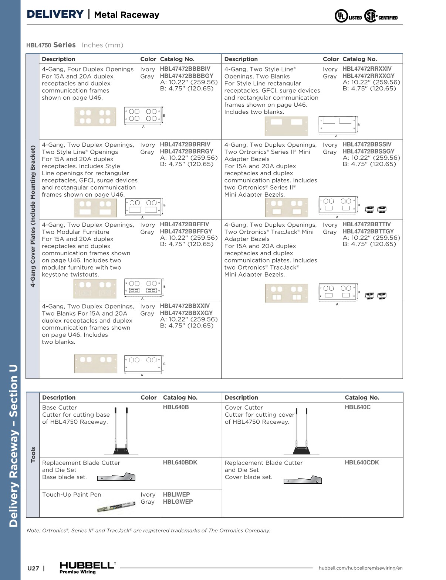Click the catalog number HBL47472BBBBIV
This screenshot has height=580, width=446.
(185, 69)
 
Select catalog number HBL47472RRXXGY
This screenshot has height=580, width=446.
(368, 76)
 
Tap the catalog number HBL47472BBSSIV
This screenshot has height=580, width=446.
(367, 144)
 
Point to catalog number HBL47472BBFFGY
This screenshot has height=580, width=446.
(186, 231)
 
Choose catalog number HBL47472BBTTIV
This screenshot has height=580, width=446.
(366, 224)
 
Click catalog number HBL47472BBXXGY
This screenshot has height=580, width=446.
(186, 313)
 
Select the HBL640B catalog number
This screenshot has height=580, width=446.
(176, 407)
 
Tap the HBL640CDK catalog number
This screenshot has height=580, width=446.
(362, 463)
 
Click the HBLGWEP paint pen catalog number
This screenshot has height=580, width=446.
(178, 502)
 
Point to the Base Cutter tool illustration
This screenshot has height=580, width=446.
(121, 431)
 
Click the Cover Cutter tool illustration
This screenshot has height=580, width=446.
(301, 431)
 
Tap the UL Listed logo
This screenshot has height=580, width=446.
(348, 16)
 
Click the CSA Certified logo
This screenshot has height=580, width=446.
(381, 16)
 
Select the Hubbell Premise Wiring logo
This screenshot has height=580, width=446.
(87, 567)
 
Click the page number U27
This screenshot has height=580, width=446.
(33, 569)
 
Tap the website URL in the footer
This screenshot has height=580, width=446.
(361, 568)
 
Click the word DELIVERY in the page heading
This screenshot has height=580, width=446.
(55, 14)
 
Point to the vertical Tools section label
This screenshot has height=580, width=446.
(33, 454)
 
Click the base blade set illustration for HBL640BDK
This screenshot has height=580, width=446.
(116, 477)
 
